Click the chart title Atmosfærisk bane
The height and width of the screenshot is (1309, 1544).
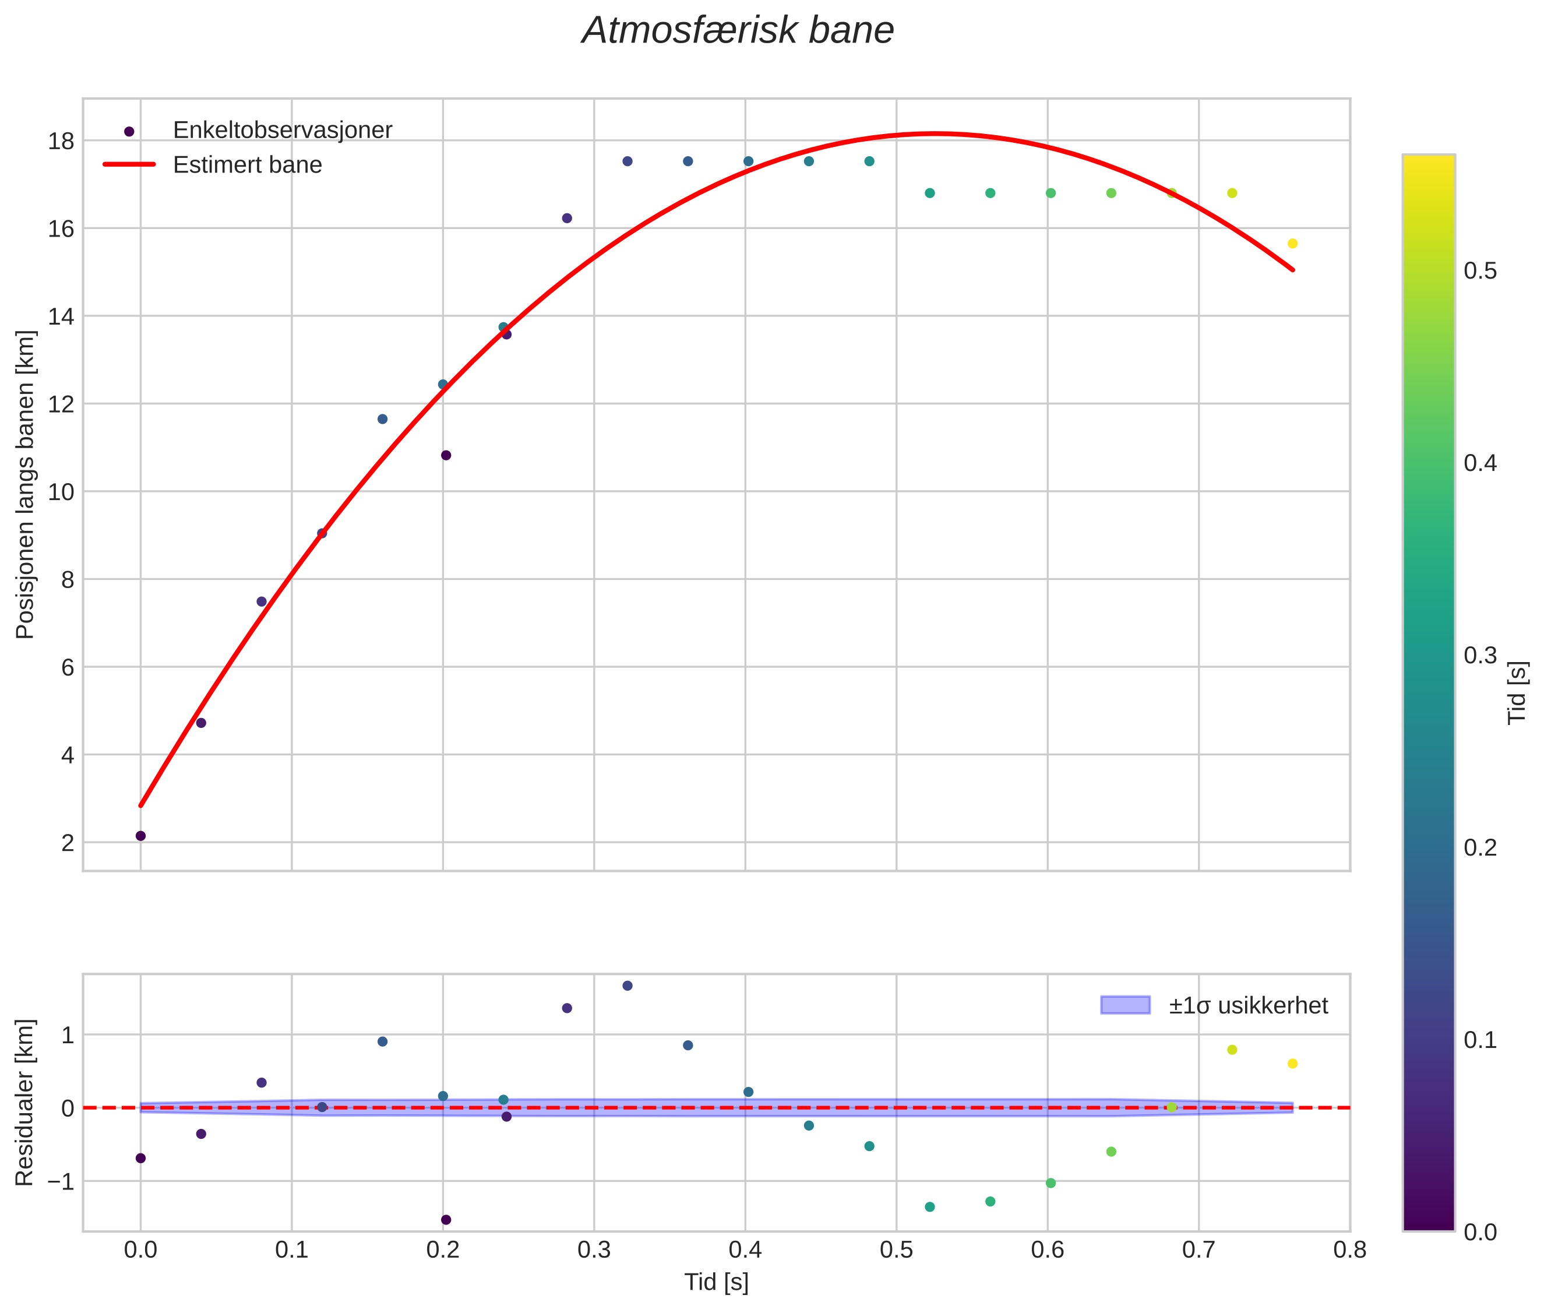[x=738, y=31]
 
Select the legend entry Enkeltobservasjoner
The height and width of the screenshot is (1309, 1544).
[x=282, y=130]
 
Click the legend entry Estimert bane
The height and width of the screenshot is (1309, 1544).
[x=247, y=165]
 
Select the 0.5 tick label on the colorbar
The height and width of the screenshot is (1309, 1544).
[x=1480, y=271]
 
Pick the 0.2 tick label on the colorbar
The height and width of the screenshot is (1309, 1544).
[x=1480, y=847]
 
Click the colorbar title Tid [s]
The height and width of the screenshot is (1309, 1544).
[x=1518, y=692]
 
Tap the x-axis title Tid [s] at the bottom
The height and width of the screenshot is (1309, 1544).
[x=716, y=1282]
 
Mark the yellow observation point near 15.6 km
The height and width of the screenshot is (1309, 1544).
[x=1292, y=244]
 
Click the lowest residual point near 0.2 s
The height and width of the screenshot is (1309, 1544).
[x=446, y=1220]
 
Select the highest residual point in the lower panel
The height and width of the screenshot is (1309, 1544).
[x=627, y=986]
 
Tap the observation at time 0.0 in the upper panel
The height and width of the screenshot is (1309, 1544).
[x=140, y=836]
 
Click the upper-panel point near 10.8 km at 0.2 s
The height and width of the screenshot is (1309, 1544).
[x=446, y=455]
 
